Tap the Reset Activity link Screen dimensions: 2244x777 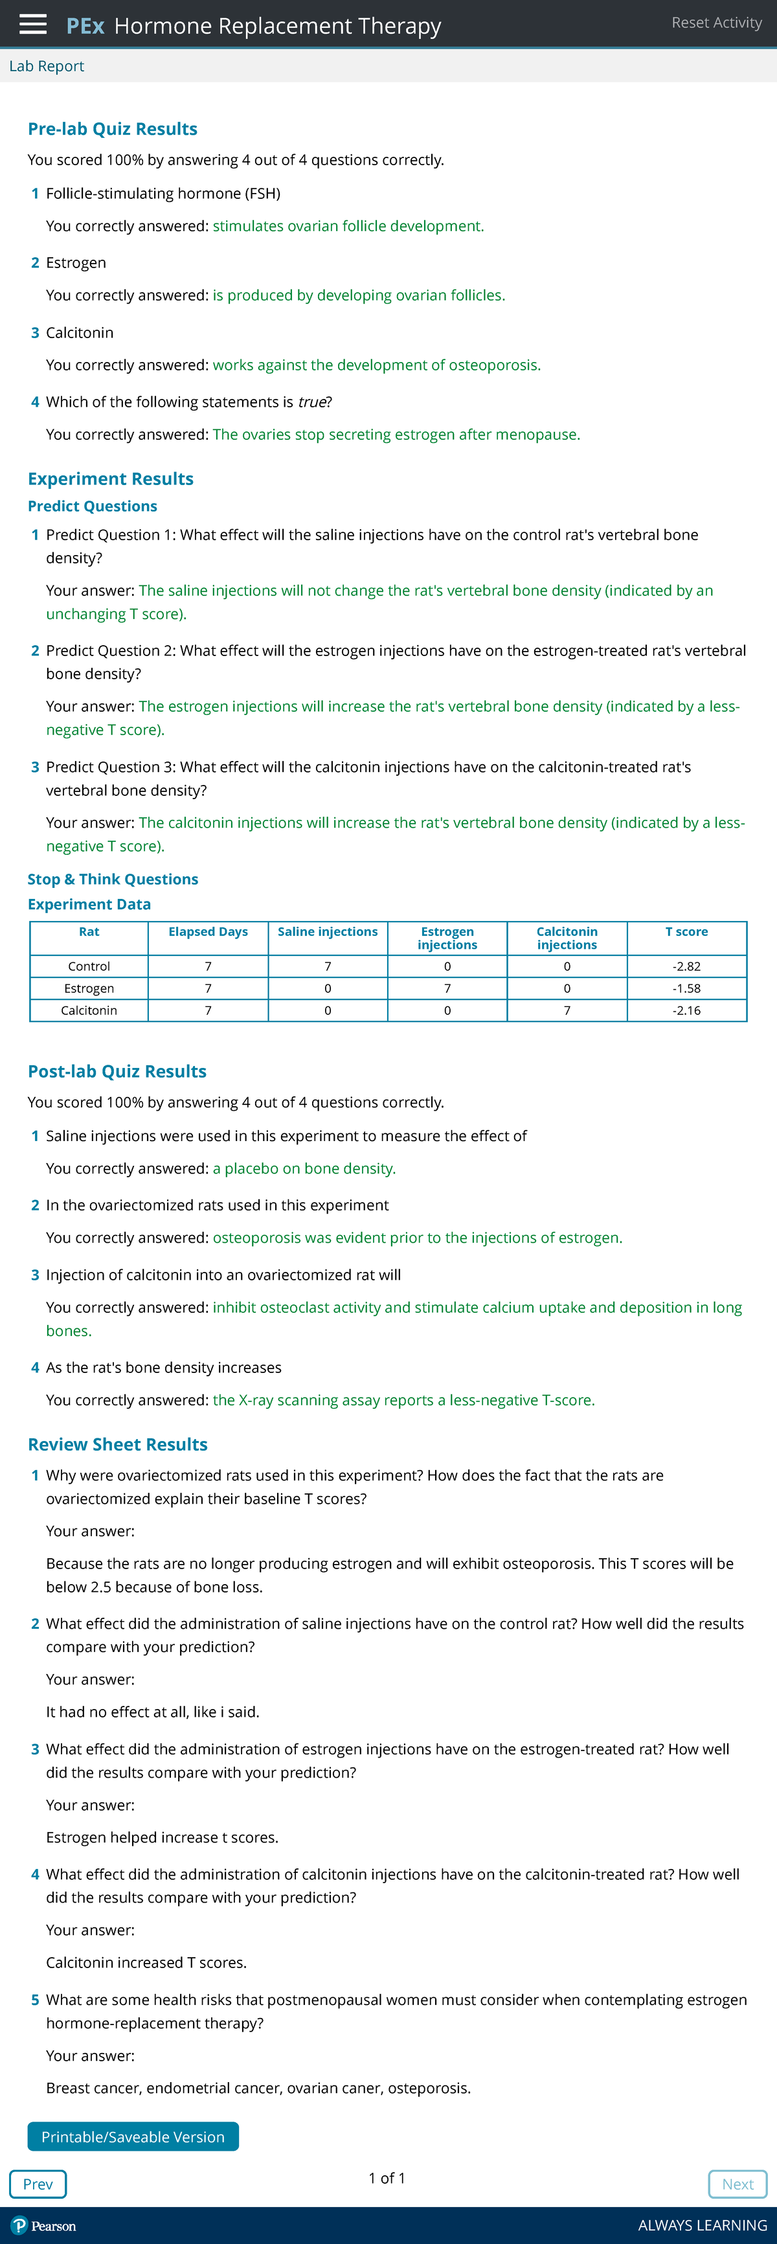coord(716,23)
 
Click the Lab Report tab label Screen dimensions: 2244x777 coord(46,66)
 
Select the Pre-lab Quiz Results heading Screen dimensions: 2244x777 coord(113,129)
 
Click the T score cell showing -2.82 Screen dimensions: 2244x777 coord(686,966)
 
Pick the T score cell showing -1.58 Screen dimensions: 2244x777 coord(686,988)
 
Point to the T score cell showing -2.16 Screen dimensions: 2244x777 coord(686,1010)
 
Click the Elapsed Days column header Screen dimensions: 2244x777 coord(208,932)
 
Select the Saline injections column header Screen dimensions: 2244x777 coord(328,932)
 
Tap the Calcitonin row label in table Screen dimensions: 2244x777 coord(89,1010)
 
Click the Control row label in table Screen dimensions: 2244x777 coord(89,966)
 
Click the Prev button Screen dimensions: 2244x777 coord(38,2184)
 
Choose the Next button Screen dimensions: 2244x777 coord(737,2184)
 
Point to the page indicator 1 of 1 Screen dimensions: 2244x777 coord(387,2178)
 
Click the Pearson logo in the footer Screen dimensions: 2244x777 coord(43,2226)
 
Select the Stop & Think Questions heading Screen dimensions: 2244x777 coord(113,879)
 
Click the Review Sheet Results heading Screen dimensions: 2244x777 coord(118,1444)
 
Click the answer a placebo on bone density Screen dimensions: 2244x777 coord(304,1168)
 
